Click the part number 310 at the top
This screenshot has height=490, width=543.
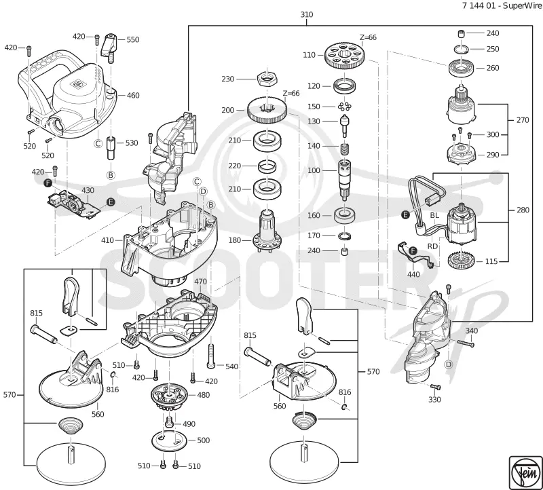(x=307, y=14)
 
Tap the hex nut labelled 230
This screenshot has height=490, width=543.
(x=267, y=79)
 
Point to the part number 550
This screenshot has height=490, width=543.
(x=132, y=39)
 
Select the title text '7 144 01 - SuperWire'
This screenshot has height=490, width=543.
(x=502, y=5)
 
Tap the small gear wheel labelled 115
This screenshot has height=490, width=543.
(x=461, y=261)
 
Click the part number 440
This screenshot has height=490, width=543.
(x=413, y=275)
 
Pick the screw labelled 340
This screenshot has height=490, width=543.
(x=465, y=343)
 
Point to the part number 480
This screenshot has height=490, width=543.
(x=203, y=395)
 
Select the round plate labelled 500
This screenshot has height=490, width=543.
(x=169, y=440)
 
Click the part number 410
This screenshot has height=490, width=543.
(x=108, y=240)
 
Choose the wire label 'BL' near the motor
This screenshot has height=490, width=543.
(x=434, y=215)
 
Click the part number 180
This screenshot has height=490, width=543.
(x=235, y=240)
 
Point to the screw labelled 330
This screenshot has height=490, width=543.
(x=435, y=387)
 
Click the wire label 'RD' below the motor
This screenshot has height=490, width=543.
(x=433, y=246)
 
